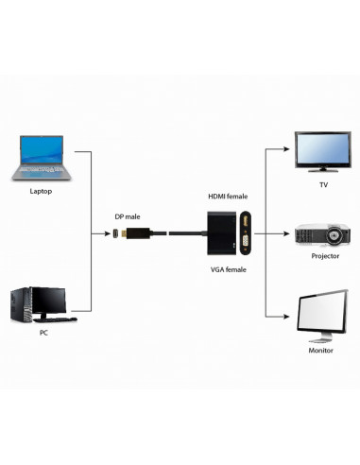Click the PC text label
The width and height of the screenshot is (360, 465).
[x=43, y=333]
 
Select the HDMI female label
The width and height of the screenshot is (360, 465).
[x=228, y=196]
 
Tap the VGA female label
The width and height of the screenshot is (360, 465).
[x=228, y=269]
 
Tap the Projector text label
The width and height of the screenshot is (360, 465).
[x=324, y=256]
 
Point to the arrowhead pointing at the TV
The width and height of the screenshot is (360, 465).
[x=284, y=147]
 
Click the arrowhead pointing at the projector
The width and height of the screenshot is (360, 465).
[x=284, y=232]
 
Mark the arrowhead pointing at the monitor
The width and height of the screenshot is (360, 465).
[x=284, y=316]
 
